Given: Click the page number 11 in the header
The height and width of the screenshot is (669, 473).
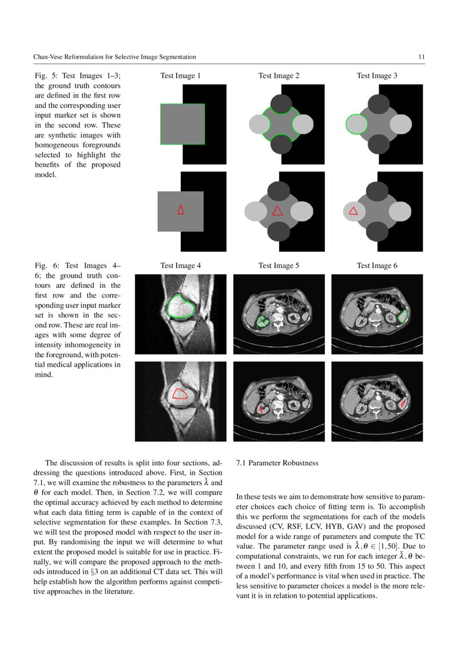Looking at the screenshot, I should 421,57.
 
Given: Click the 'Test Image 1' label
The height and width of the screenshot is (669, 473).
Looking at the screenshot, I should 180,76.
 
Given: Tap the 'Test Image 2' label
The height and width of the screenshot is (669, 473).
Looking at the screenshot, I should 279,76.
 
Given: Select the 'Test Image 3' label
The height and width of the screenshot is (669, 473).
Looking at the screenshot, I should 377,76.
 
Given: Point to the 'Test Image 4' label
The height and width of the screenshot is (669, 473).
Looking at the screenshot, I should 180,266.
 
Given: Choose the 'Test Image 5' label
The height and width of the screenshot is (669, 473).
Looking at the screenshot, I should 279,266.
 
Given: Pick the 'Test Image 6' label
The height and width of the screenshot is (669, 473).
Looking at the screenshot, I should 377,266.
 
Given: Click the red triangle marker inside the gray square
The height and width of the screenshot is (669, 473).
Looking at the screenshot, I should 181,209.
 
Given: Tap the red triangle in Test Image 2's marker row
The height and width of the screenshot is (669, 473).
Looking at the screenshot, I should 277,210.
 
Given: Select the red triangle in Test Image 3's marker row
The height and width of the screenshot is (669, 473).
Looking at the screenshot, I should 353,211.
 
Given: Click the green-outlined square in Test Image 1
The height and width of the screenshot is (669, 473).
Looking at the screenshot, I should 182,124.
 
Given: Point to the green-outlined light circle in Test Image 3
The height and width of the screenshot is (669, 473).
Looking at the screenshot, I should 356,124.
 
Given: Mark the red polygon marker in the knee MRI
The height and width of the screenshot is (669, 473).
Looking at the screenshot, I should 180,394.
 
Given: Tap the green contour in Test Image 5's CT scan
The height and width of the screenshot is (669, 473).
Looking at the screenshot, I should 263,322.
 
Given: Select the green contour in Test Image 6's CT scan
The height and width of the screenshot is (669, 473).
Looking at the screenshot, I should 404,315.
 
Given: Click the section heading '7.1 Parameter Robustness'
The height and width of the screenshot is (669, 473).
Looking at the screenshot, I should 277,462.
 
